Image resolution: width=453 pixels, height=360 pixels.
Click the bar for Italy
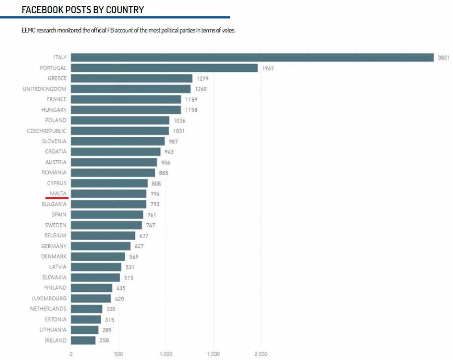[252, 57]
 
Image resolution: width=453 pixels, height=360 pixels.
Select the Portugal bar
[164, 68]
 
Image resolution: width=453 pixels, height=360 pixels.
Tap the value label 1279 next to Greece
[203, 79]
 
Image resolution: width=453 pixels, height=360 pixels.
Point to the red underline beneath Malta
[57, 198]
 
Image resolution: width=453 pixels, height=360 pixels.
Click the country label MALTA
[58, 194]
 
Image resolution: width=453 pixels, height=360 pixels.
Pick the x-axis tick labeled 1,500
[214, 354]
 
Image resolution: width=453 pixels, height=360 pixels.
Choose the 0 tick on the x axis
[71, 354]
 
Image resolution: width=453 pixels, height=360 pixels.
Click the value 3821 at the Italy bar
[443, 58]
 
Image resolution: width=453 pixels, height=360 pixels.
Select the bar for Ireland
[83, 341]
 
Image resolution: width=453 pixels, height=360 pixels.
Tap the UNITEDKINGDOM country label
[45, 89]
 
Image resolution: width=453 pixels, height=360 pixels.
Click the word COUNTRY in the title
[125, 10]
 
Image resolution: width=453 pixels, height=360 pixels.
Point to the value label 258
[104, 341]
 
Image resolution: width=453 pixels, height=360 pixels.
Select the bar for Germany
[100, 246]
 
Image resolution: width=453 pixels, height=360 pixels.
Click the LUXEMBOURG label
[49, 298]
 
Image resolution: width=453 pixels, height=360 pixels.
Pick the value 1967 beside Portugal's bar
[268, 68]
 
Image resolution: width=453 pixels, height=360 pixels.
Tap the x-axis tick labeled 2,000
[261, 354]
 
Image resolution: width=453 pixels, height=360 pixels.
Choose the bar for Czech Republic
[120, 131]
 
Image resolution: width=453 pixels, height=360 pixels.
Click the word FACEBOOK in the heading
[42, 10]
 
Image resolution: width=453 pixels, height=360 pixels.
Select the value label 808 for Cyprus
[156, 183]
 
